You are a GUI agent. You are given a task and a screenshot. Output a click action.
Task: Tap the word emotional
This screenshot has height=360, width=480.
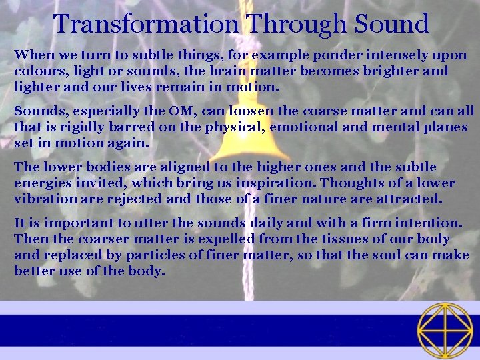[298, 127]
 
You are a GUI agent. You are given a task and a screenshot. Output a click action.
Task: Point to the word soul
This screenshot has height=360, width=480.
[386, 255]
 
